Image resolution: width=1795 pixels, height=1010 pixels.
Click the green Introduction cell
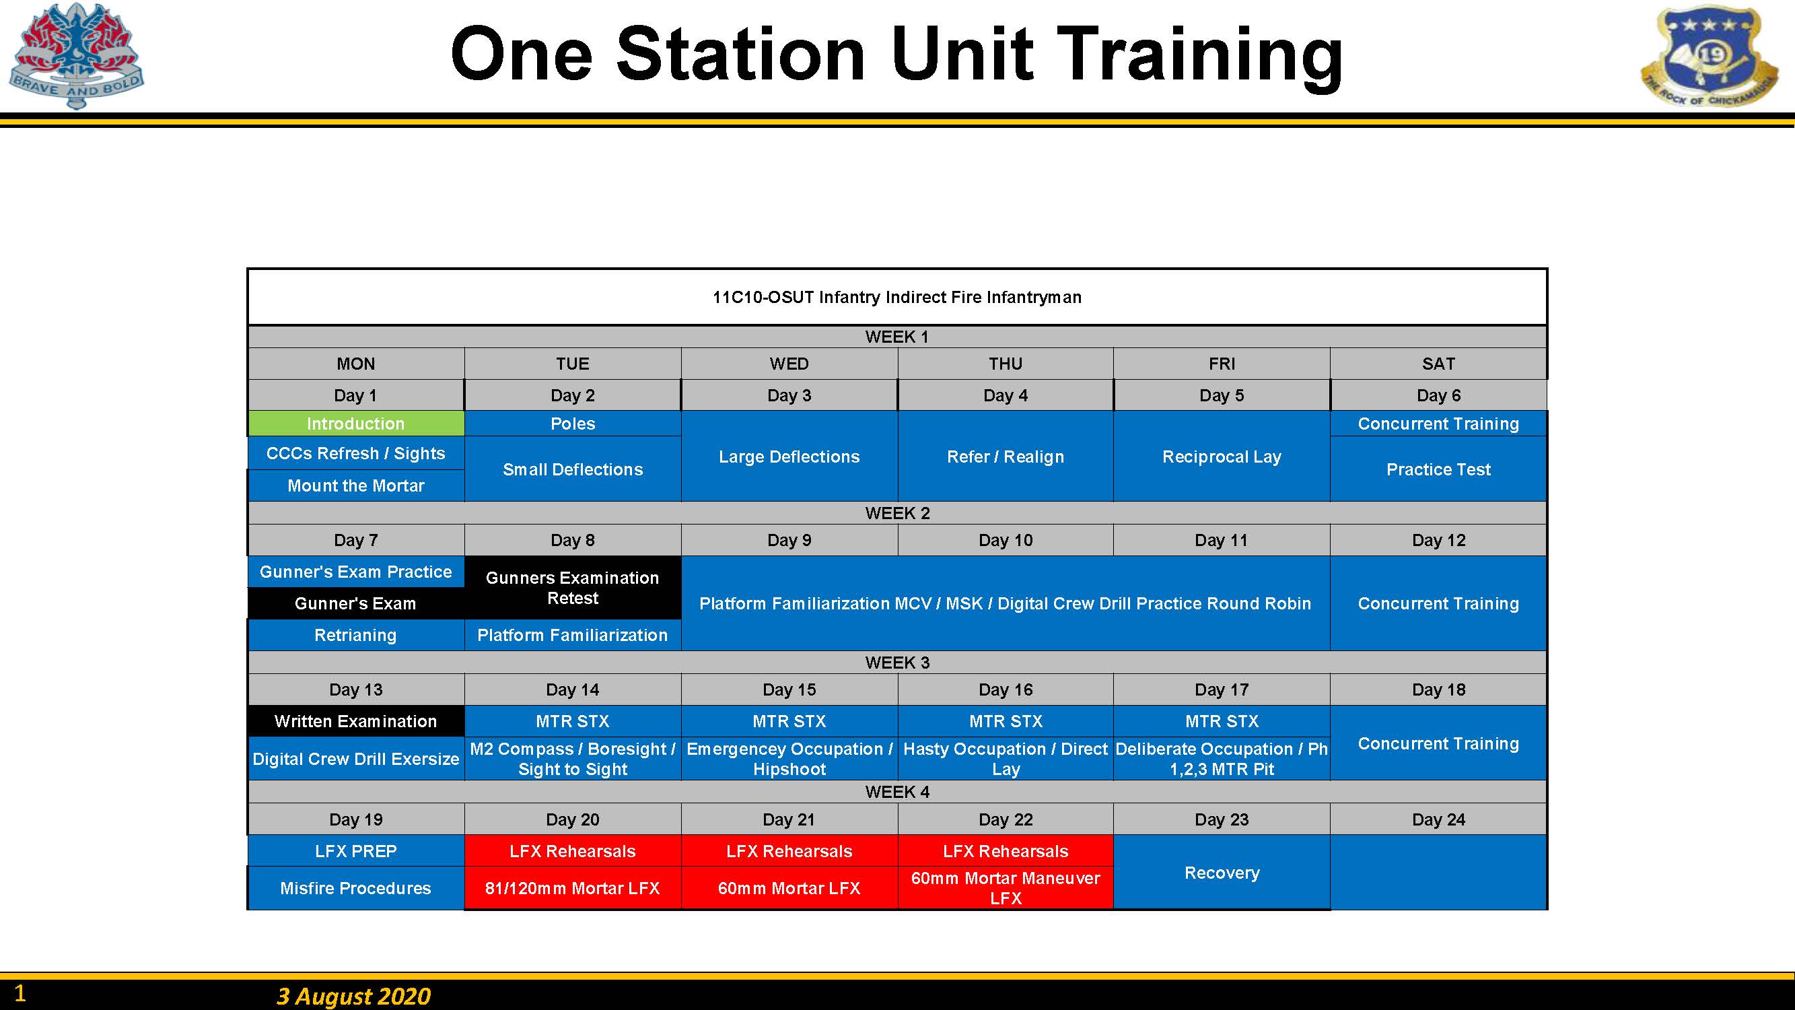356,423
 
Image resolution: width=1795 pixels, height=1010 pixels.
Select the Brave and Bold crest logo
76,56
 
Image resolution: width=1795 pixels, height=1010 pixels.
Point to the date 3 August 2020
353,995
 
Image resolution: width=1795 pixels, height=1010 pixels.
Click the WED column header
789,363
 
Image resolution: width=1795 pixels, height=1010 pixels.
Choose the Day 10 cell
1006,540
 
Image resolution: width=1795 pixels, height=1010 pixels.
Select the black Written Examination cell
356,720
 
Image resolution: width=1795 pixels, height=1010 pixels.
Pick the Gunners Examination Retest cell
573,588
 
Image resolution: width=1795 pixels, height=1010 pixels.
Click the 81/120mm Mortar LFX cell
573,888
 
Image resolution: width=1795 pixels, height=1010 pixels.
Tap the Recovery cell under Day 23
1222,872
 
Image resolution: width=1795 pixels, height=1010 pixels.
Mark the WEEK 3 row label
898,662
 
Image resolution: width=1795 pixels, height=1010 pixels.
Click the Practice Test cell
1438,469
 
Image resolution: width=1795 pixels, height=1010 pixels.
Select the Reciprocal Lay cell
1222,457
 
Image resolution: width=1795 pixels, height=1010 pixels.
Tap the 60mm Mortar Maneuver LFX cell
1006,888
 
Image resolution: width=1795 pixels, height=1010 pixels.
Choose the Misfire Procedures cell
356,888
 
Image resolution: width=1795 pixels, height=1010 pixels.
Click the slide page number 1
20,992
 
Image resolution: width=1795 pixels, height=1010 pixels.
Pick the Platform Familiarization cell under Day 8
573,635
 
